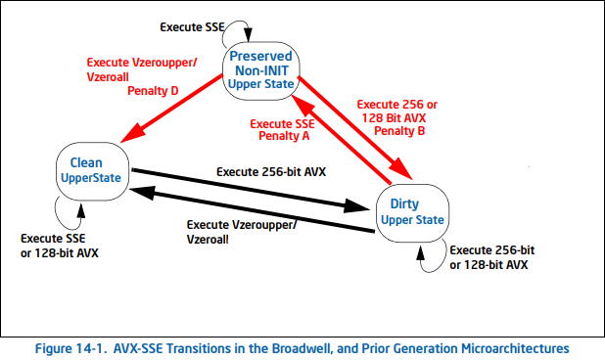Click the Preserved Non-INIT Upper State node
coord(260,70)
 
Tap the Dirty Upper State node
coord(411,212)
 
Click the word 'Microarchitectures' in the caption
coord(514,347)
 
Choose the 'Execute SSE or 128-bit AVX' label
coord(60,246)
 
